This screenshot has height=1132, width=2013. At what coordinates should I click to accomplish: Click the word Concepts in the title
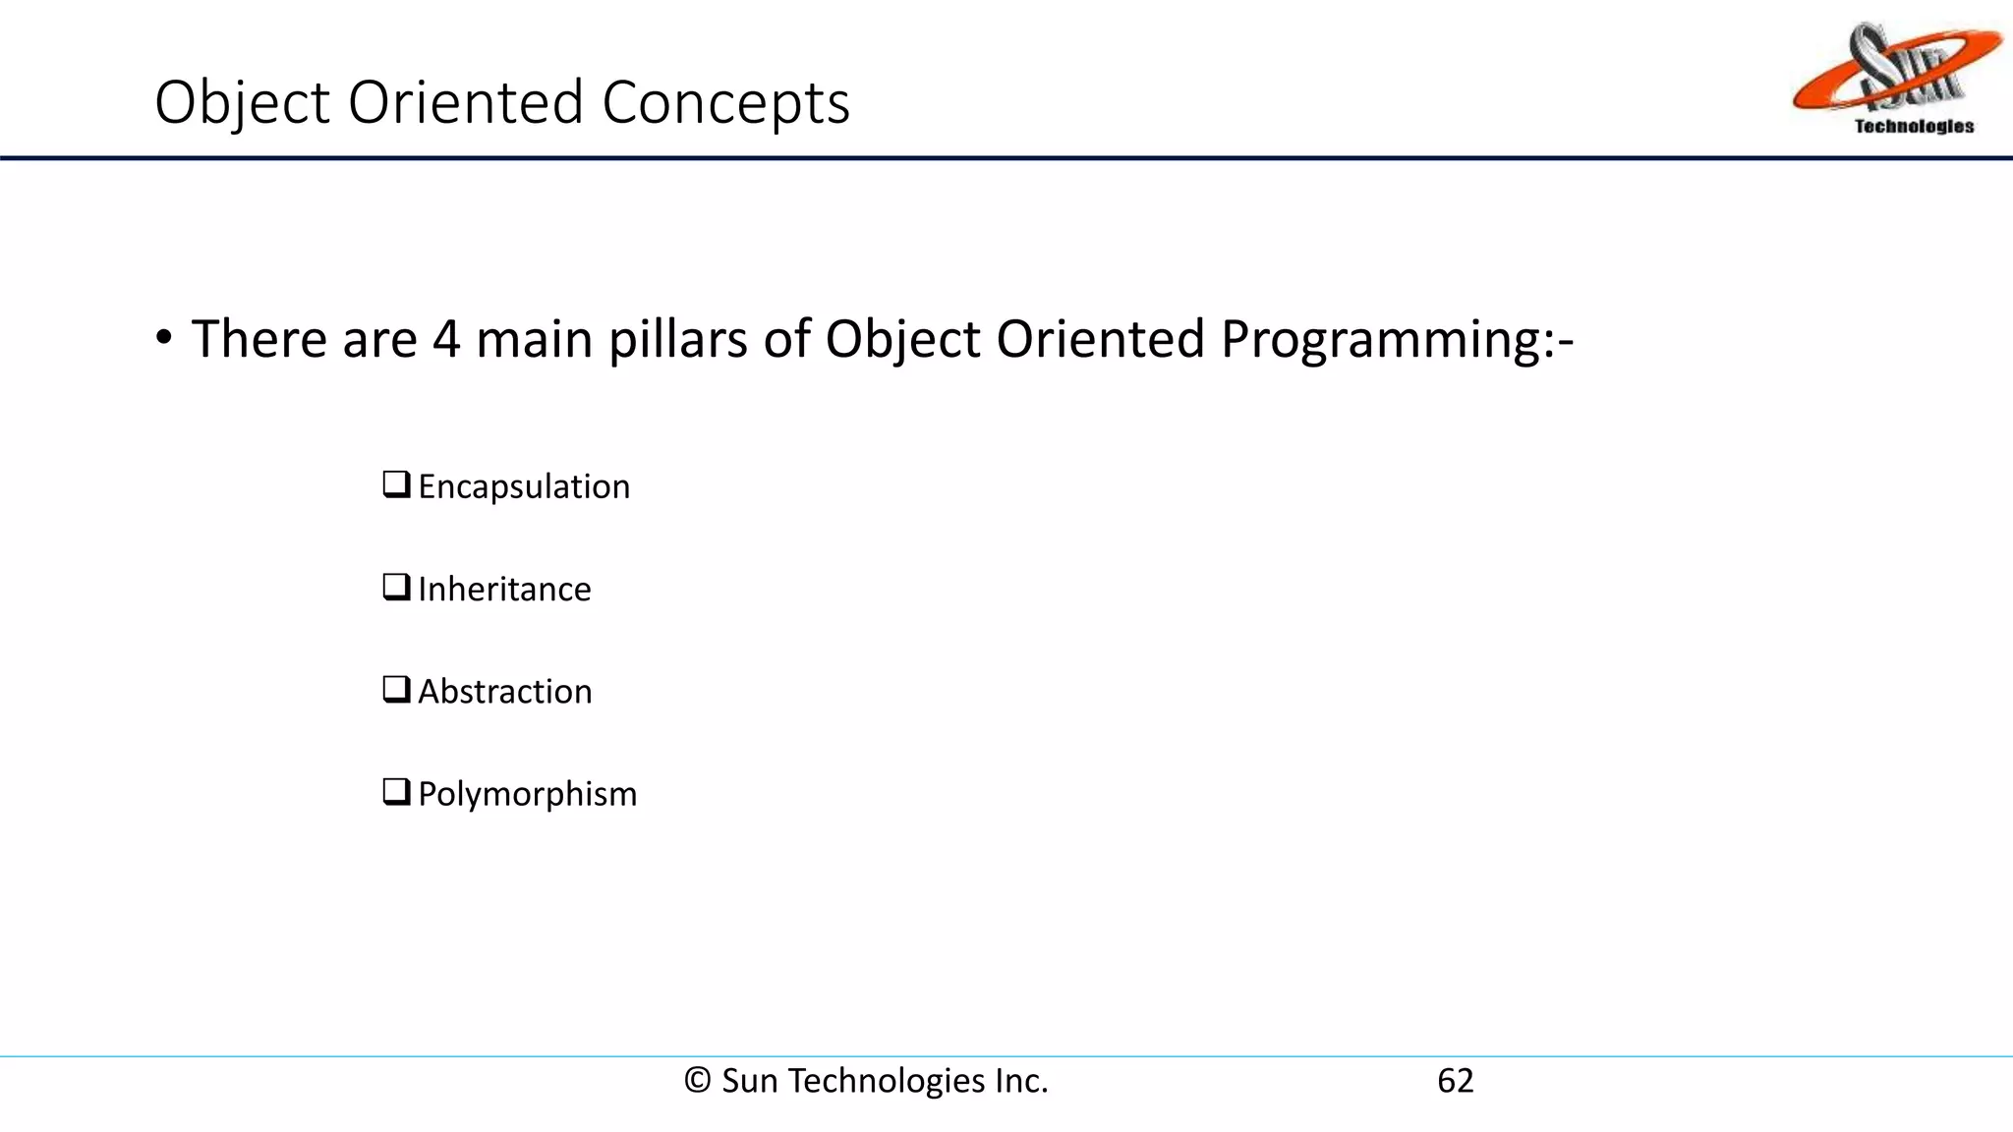pyautogui.click(x=725, y=102)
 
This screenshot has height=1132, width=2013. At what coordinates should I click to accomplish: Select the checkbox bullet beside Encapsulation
pyautogui.click(x=396, y=484)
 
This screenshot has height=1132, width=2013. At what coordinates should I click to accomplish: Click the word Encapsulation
pyautogui.click(x=524, y=487)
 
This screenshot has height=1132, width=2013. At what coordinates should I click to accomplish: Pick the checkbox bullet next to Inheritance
pyautogui.click(x=396, y=587)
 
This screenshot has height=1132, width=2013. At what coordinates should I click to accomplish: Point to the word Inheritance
pyautogui.click(x=504, y=590)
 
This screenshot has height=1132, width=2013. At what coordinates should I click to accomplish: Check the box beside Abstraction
pyautogui.click(x=396, y=689)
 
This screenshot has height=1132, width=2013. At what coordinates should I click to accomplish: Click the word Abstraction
pyautogui.click(x=505, y=692)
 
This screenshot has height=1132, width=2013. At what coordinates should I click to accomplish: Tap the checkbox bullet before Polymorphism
pyautogui.click(x=396, y=791)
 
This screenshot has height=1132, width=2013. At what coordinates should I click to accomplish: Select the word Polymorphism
pyautogui.click(x=528, y=794)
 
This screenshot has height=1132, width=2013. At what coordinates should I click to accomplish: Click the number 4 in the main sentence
pyautogui.click(x=446, y=340)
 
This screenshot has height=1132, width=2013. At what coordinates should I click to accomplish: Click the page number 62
pyautogui.click(x=1455, y=1081)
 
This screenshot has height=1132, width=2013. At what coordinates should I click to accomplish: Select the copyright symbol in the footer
pyautogui.click(x=697, y=1081)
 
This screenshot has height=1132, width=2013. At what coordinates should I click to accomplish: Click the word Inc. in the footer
pyautogui.click(x=1021, y=1081)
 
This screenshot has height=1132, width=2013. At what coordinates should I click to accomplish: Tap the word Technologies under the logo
pyautogui.click(x=1914, y=126)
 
